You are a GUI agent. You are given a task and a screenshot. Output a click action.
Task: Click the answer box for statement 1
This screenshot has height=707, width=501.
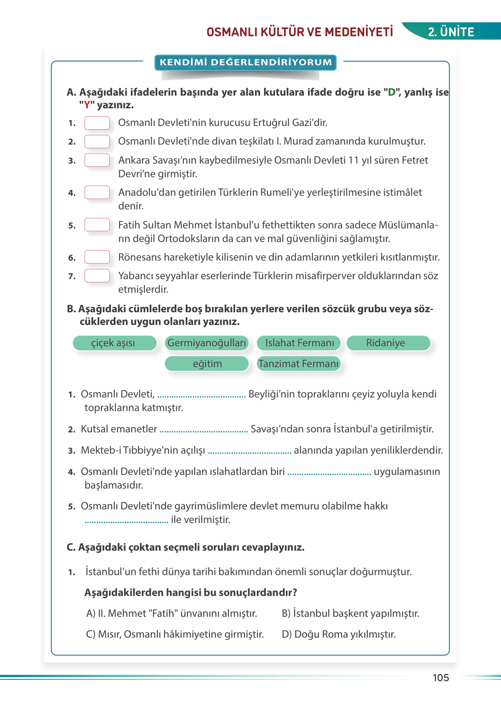pos(97,123)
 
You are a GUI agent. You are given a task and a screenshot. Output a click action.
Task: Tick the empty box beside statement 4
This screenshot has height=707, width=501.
pos(97,192)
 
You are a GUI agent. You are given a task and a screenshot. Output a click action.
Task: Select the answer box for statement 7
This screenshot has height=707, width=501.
pos(97,276)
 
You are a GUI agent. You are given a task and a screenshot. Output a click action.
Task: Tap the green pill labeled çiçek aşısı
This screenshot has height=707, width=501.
pos(114,343)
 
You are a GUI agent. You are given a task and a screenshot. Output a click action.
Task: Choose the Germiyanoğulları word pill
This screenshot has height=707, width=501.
pos(207,343)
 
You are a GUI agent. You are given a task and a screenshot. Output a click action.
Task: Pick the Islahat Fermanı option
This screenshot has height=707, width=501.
pos(299,343)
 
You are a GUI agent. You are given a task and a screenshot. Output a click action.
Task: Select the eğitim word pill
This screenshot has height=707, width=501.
pos(207,363)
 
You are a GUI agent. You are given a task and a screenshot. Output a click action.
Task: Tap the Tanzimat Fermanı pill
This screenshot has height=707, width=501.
pos(299,363)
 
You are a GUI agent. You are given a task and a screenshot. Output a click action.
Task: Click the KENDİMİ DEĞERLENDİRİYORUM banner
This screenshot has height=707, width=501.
pos(246,62)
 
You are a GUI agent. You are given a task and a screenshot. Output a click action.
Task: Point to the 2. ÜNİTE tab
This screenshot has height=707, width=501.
pos(451,32)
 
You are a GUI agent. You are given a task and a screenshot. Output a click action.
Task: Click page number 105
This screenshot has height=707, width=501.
pos(440,678)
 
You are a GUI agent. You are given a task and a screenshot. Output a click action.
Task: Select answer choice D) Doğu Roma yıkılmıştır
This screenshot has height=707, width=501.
pos(339,634)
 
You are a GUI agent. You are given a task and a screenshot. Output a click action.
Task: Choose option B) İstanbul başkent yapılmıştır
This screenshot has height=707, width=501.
pos(350,613)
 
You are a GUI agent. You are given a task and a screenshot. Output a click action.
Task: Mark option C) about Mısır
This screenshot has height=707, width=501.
pos(175,634)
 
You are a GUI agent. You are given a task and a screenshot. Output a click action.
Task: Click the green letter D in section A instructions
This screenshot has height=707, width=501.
pos(391,92)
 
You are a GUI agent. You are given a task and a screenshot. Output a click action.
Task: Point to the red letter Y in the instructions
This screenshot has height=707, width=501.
pos(87,105)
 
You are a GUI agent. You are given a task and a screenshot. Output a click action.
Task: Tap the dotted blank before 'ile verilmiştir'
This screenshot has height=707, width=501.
pos(126,521)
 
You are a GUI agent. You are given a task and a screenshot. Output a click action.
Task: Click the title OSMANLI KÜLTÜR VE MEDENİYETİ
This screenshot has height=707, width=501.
pos(299,32)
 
